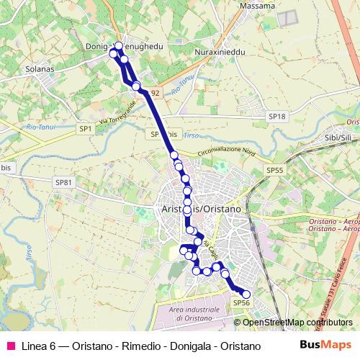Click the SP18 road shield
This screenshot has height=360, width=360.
[x=276, y=116]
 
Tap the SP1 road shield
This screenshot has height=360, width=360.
[x=86, y=127]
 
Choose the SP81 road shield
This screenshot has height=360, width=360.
[x=63, y=183]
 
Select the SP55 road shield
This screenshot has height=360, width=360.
[x=275, y=170]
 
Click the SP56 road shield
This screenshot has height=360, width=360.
[x=241, y=303]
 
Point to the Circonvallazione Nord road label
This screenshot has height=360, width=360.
[x=226, y=153]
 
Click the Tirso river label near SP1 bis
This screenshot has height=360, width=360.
[x=191, y=135]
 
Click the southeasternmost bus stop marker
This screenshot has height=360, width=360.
[x=246, y=294]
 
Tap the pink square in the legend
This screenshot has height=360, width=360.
[x=10, y=346]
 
